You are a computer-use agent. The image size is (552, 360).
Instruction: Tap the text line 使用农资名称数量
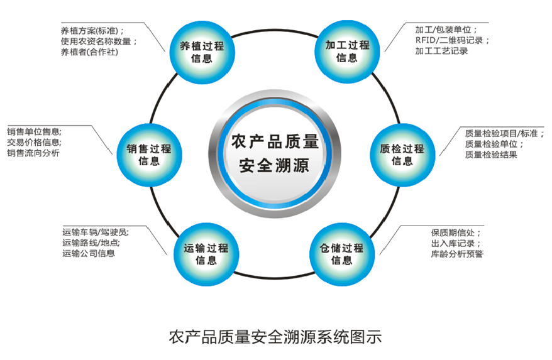[x=99, y=41]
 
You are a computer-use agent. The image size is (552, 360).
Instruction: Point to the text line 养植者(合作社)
[x=90, y=52]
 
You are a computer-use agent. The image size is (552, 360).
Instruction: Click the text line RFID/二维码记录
[x=451, y=40]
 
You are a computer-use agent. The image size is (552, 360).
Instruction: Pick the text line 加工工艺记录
[x=441, y=52]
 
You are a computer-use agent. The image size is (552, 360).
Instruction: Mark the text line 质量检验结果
[x=491, y=155]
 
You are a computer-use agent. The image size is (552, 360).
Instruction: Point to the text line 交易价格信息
[x=34, y=143]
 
